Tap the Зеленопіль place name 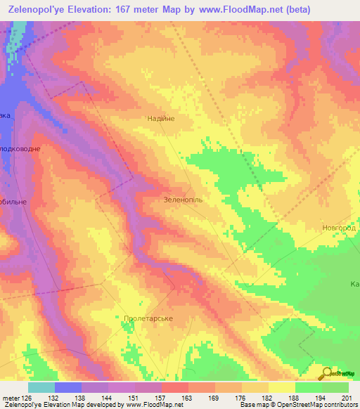(x=183, y=199)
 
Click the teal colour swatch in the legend (x=41, y=387)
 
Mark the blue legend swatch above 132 (x=68, y=387)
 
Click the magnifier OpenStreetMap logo (x=327, y=374)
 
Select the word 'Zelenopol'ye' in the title (x=35, y=9)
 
